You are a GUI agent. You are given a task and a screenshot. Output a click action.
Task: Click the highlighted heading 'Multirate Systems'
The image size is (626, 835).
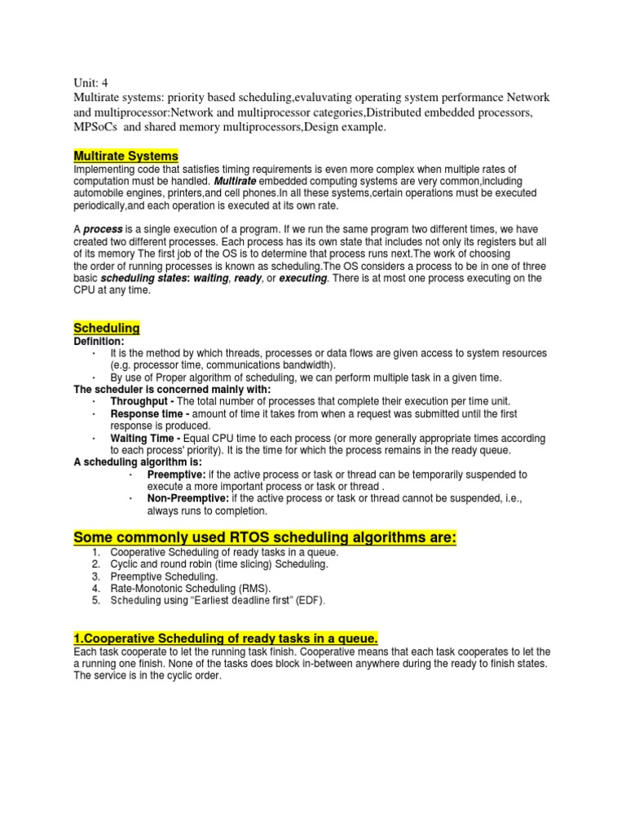point(126,156)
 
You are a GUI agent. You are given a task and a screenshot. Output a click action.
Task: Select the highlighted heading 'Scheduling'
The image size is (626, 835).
point(107,328)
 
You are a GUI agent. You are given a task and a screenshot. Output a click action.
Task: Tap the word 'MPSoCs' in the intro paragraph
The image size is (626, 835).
point(96,128)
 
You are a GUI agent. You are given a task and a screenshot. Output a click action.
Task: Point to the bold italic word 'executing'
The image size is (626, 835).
point(302,278)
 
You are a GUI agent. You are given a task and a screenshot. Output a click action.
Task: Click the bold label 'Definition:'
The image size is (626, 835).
point(99,341)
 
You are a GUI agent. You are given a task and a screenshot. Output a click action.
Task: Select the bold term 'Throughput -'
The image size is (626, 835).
point(142,402)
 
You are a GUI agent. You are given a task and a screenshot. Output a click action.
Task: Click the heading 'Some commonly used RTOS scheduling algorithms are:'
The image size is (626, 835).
point(265,538)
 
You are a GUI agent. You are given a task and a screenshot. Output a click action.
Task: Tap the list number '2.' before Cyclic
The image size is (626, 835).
point(95,564)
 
